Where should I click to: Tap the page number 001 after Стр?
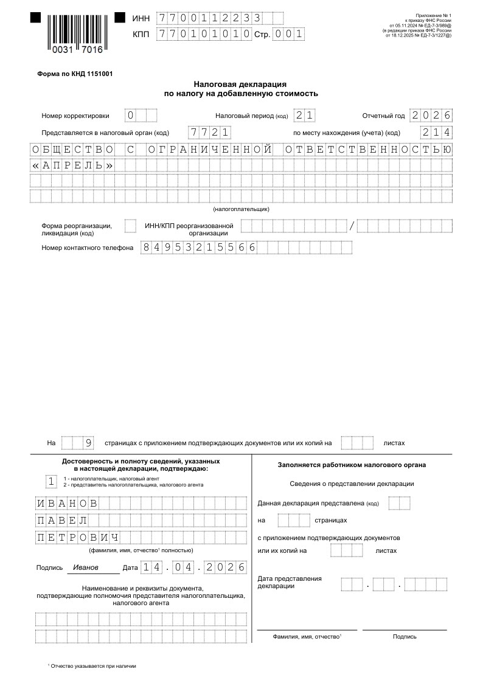coord(288,35)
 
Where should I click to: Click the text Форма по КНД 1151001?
coord(75,74)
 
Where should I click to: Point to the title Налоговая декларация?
coord(240,85)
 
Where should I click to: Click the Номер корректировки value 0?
coord(130,116)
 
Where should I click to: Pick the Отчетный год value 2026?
coord(431,116)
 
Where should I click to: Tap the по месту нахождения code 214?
coord(436,133)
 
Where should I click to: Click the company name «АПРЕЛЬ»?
coord(72,165)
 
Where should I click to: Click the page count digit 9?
coord(88,443)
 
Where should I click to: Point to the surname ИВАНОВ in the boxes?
coord(67,504)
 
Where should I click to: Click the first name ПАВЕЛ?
coord(61,521)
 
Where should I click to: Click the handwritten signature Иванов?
coord(85,567)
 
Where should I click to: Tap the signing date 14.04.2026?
coord(193,567)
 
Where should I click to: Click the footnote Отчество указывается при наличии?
coord(93,666)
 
